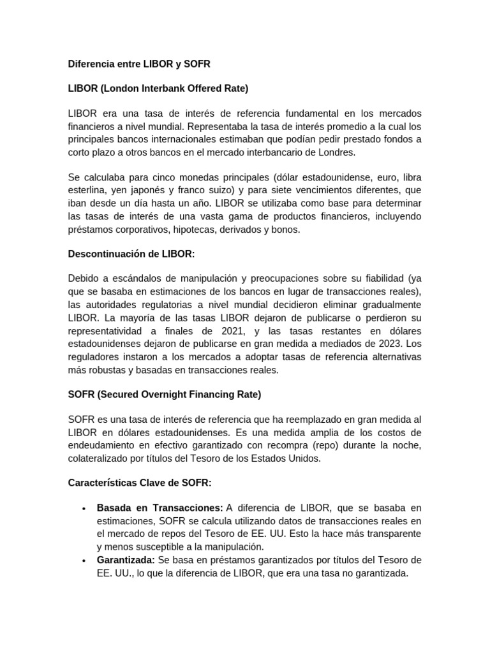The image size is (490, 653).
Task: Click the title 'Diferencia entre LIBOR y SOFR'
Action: click(x=139, y=64)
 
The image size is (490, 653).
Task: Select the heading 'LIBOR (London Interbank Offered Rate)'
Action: click(x=158, y=87)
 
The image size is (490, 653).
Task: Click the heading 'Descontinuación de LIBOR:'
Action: click(x=131, y=254)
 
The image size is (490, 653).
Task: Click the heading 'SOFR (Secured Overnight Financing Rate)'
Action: click(x=165, y=394)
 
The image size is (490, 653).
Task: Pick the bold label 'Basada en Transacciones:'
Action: click(x=160, y=508)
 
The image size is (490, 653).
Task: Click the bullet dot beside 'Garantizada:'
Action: click(x=84, y=561)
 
